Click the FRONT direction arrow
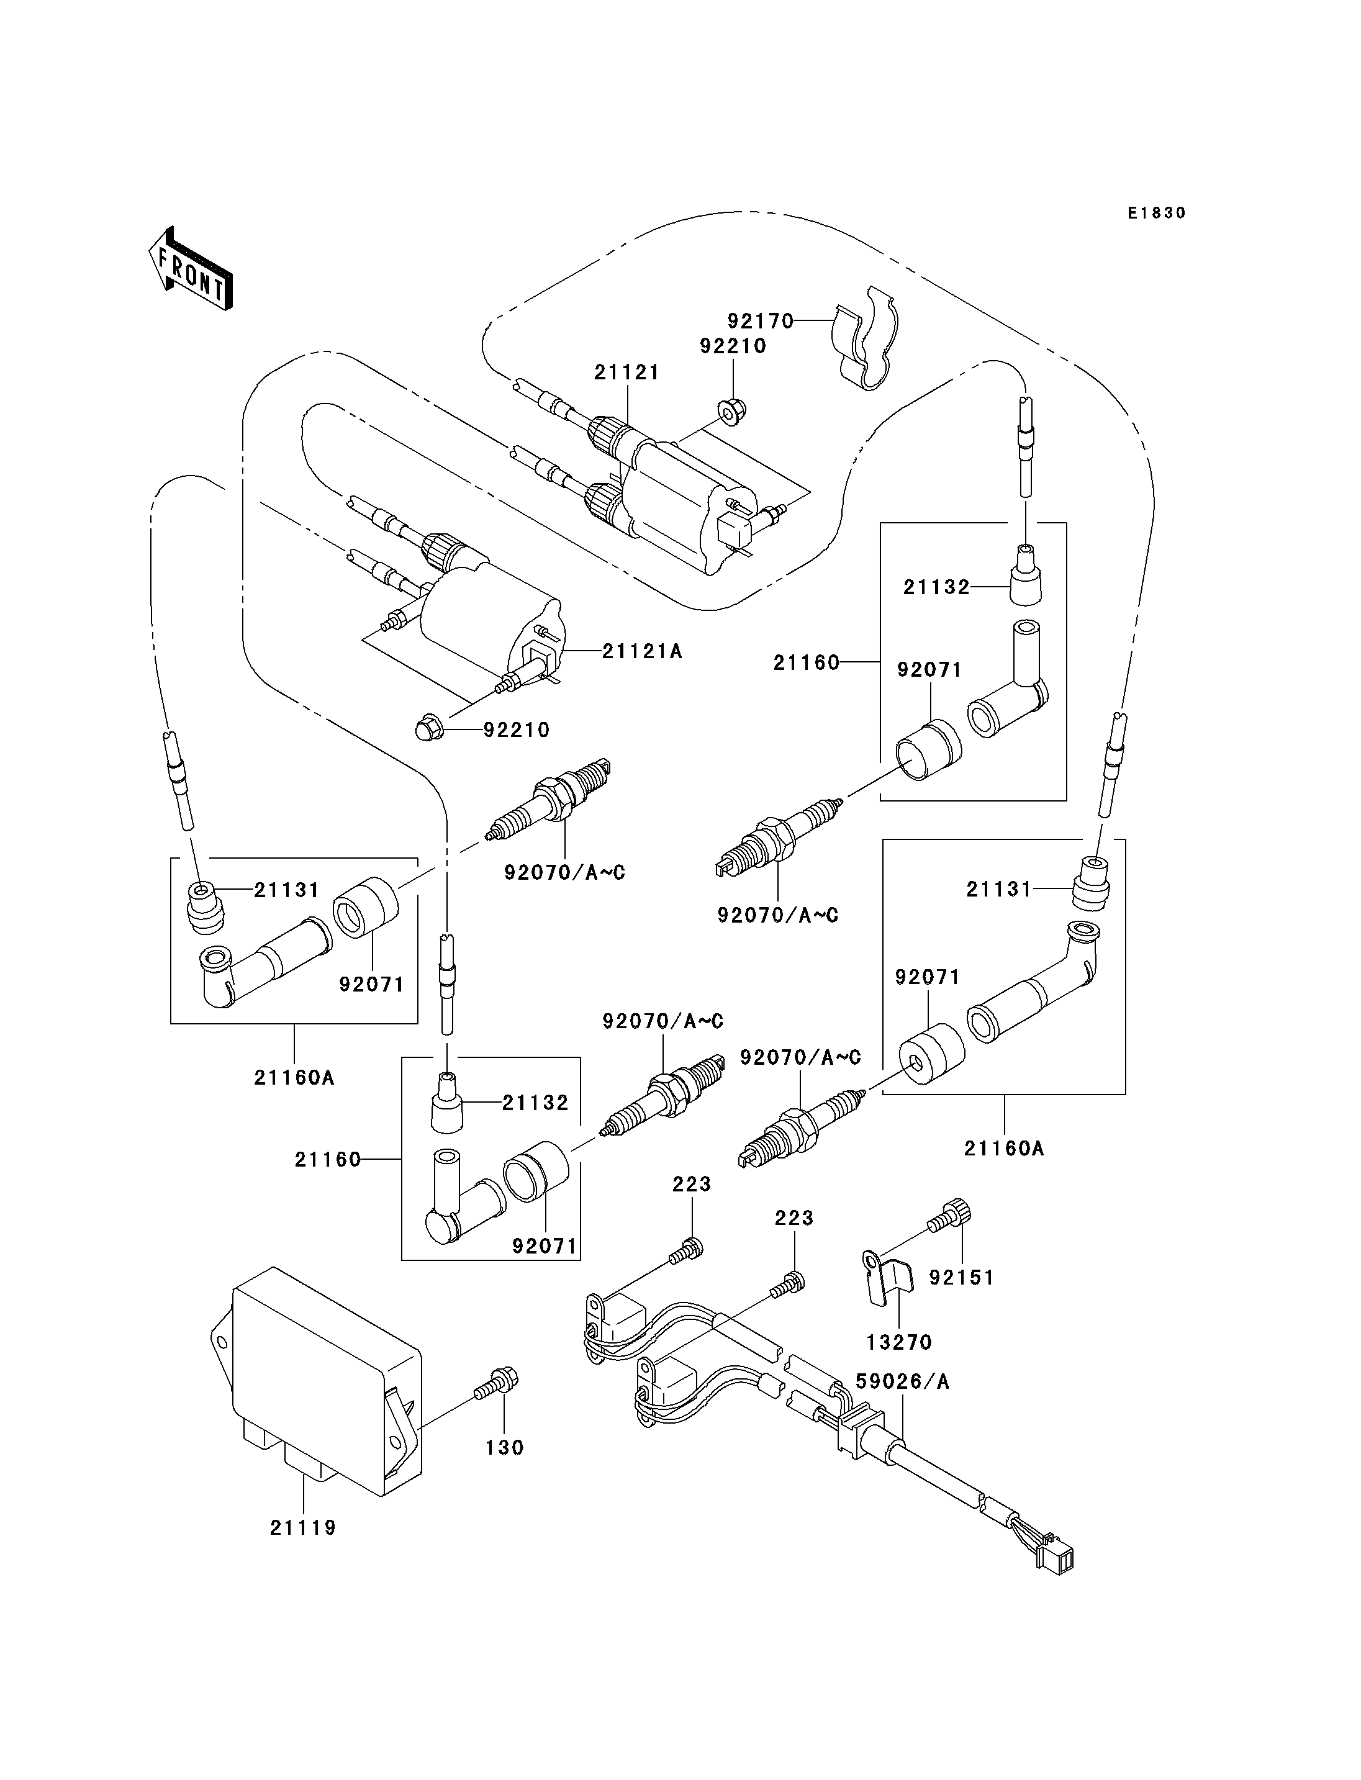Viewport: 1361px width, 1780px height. (191, 270)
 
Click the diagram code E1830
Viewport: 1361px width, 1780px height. (1157, 213)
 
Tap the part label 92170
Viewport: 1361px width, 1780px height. (760, 322)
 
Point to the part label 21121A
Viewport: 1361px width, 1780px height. (643, 651)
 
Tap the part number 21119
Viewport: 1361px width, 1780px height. (303, 1528)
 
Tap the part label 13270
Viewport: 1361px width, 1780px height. (899, 1342)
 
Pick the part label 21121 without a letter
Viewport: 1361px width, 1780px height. (627, 372)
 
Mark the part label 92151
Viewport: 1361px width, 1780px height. (962, 1278)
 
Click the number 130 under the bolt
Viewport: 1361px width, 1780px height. (505, 1447)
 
